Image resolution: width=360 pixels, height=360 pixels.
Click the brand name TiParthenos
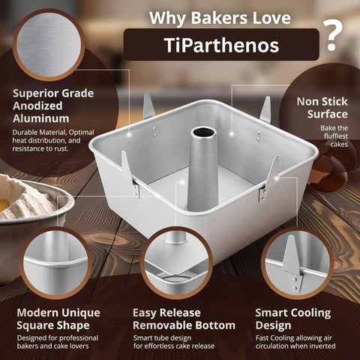[221, 45]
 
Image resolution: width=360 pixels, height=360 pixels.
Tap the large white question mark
[332, 34]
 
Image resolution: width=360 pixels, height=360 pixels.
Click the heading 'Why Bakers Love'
[221, 16]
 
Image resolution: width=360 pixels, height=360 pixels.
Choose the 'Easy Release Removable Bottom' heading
[183, 318]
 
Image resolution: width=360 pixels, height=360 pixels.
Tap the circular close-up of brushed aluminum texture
[49, 43]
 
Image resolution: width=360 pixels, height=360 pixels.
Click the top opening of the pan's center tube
[203, 132]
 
